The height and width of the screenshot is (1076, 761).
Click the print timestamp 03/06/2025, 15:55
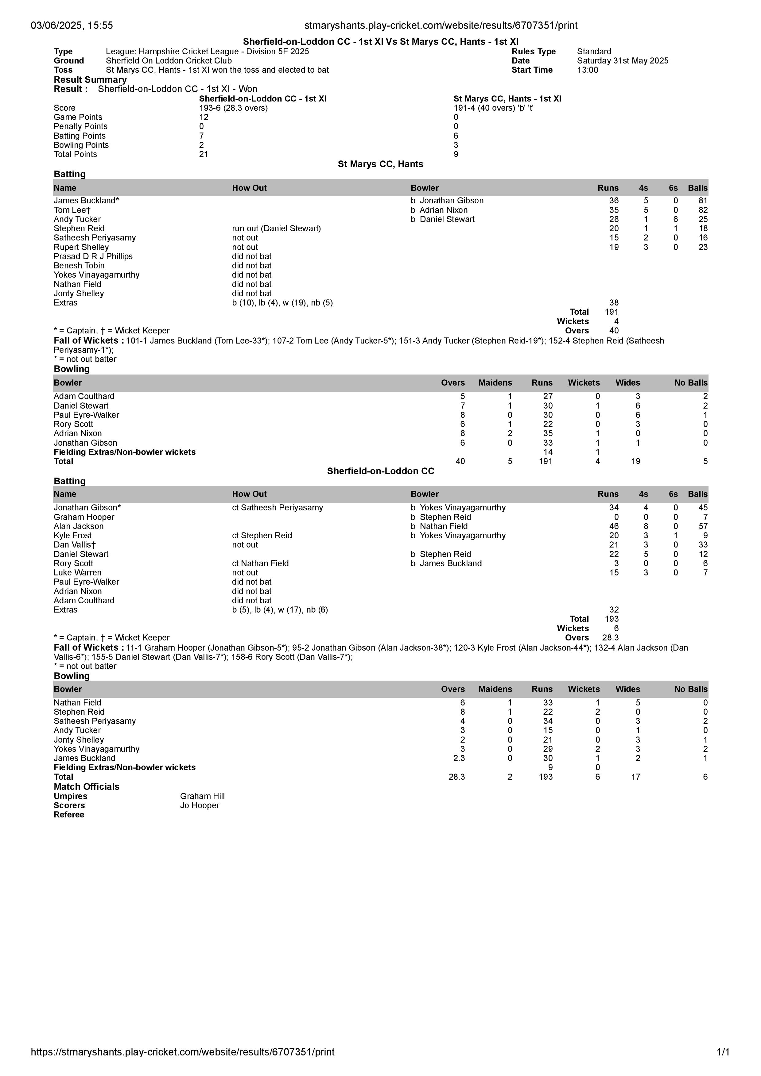[x=72, y=25]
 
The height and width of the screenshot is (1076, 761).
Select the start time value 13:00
[x=588, y=70]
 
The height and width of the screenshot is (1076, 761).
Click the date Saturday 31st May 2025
[x=622, y=60]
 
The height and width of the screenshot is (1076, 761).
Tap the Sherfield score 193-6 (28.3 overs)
[x=233, y=108]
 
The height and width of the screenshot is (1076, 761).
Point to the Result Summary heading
[x=90, y=80]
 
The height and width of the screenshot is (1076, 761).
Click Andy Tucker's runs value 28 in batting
[x=613, y=219]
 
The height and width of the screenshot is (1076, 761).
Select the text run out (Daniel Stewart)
[x=276, y=228]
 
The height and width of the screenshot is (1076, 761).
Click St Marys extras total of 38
[x=613, y=303]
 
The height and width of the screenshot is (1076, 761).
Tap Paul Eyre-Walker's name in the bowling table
[x=86, y=415]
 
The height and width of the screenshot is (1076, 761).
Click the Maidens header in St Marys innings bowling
[x=495, y=382]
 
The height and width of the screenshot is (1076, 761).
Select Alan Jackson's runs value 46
[x=613, y=526]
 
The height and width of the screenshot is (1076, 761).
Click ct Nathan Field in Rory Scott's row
[x=260, y=563]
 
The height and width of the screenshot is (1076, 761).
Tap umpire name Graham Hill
[x=202, y=796]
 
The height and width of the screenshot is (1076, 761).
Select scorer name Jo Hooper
[x=199, y=805]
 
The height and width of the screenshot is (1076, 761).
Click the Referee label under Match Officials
[x=69, y=814]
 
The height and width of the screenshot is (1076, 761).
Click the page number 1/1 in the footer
[x=723, y=1052]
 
